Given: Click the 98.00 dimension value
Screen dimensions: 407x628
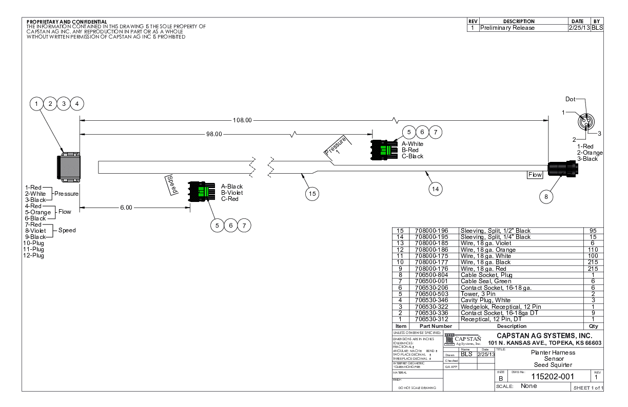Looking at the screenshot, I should [x=214, y=134].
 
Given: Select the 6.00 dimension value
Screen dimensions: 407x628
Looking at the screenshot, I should [x=126, y=208].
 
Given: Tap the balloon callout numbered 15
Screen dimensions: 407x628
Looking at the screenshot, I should [x=312, y=194].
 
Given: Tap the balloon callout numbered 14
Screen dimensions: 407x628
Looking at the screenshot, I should [x=435, y=189].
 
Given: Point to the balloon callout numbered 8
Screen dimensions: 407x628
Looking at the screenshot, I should [x=546, y=196].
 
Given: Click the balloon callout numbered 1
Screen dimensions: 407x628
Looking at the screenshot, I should [x=37, y=104].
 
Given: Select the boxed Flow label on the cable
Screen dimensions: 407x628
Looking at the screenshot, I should [x=535, y=175].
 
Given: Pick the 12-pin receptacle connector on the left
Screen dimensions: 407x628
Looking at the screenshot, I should [x=68, y=168].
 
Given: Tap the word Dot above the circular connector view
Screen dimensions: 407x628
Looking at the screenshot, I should [x=571, y=99].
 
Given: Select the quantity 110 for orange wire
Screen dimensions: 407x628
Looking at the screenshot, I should [x=593, y=250].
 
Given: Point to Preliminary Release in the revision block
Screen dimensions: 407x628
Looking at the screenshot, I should [x=507, y=28].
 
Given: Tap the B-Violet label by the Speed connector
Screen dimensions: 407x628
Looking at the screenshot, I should [x=232, y=193].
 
